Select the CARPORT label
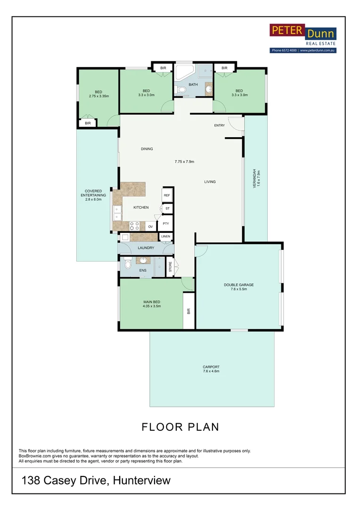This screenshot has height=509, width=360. pyautogui.click(x=211, y=367)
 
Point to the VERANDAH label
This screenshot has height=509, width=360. pyautogui.click(x=254, y=179)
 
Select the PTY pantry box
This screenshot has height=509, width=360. pyautogui.click(x=166, y=224)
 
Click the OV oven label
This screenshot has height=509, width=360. pyautogui.click(x=150, y=227)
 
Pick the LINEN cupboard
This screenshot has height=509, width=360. pyautogui.click(x=165, y=237)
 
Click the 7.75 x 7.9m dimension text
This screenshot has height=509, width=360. pyautogui.click(x=184, y=162)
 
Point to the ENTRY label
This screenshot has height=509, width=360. pyautogui.click(x=220, y=125)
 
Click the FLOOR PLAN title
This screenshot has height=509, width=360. pyautogui.click(x=180, y=427)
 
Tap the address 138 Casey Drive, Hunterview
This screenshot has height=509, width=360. pyautogui.click(x=96, y=481)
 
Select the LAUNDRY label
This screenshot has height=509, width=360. pyautogui.click(x=146, y=247)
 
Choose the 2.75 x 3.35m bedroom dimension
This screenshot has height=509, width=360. pyautogui.click(x=98, y=96)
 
